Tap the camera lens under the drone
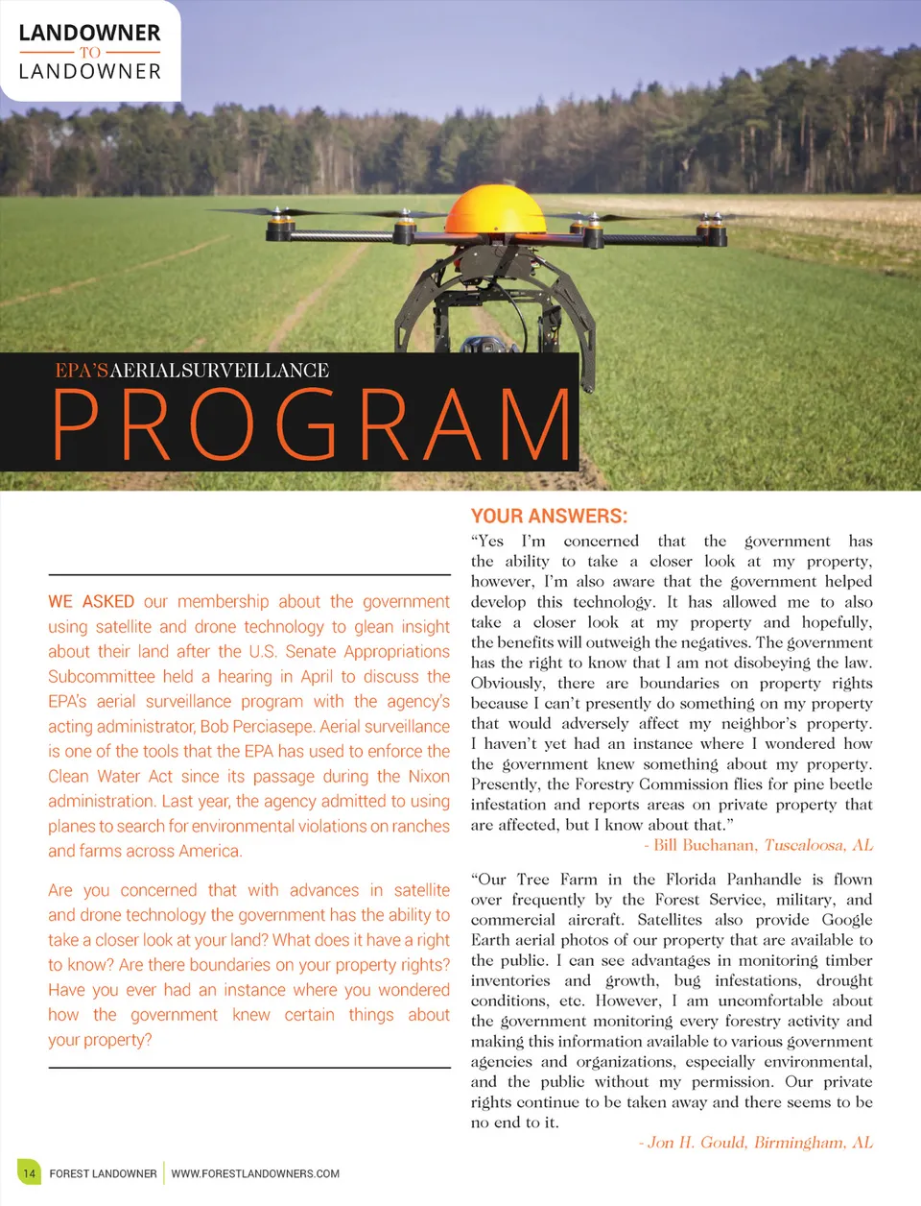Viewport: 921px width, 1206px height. click(x=477, y=345)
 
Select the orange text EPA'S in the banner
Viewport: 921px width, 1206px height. click(x=82, y=371)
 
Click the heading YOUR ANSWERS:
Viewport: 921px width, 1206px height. click(x=549, y=516)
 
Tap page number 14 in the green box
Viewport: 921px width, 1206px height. click(x=29, y=1172)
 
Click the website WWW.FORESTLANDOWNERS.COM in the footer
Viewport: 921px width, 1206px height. click(x=255, y=1173)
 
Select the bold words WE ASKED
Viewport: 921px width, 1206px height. click(x=91, y=602)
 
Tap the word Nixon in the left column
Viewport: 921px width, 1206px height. click(x=429, y=776)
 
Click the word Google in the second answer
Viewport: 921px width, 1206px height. click(x=847, y=920)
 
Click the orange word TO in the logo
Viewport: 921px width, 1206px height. click(x=90, y=53)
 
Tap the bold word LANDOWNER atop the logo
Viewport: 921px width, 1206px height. click(x=90, y=33)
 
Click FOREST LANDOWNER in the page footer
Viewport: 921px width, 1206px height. click(x=103, y=1173)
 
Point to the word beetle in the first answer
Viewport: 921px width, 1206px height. click(x=844, y=784)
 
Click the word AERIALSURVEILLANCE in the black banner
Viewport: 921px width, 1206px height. click(x=220, y=371)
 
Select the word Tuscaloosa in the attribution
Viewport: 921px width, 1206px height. click(x=804, y=845)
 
